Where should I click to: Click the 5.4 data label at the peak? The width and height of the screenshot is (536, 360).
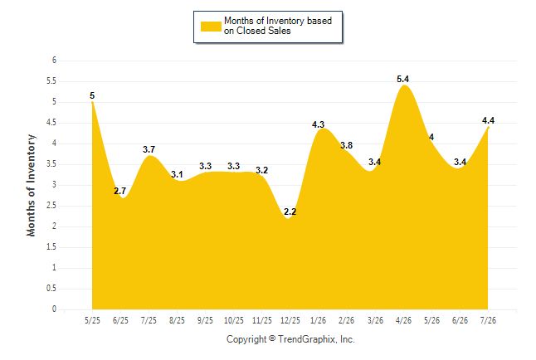click(x=402, y=79)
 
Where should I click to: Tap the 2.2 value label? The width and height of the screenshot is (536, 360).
click(x=290, y=212)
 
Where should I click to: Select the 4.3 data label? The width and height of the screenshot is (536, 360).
click(x=318, y=124)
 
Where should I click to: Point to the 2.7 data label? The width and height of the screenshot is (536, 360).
click(x=120, y=191)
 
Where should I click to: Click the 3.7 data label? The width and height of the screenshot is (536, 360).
click(x=149, y=149)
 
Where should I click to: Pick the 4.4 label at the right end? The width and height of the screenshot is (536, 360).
click(x=488, y=120)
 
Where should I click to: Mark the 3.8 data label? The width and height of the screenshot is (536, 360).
click(x=346, y=145)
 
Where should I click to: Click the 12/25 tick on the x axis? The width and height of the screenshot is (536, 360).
click(x=290, y=320)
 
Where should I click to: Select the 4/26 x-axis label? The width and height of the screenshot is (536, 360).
click(x=403, y=320)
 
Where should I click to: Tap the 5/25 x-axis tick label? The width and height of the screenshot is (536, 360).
click(x=92, y=320)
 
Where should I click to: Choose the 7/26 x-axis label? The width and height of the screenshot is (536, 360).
click(x=488, y=320)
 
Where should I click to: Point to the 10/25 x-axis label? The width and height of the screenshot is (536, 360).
click(x=234, y=320)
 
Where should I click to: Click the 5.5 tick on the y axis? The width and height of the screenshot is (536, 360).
click(x=51, y=81)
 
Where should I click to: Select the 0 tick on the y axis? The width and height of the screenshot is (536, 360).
click(x=54, y=309)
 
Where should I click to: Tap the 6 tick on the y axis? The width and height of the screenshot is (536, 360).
click(x=54, y=61)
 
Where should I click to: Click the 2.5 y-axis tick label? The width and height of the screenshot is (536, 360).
click(x=51, y=206)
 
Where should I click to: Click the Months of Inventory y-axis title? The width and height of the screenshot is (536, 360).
click(x=31, y=185)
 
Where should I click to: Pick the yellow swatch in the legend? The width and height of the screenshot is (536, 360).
click(x=211, y=27)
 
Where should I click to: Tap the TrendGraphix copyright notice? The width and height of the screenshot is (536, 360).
click(x=290, y=339)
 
